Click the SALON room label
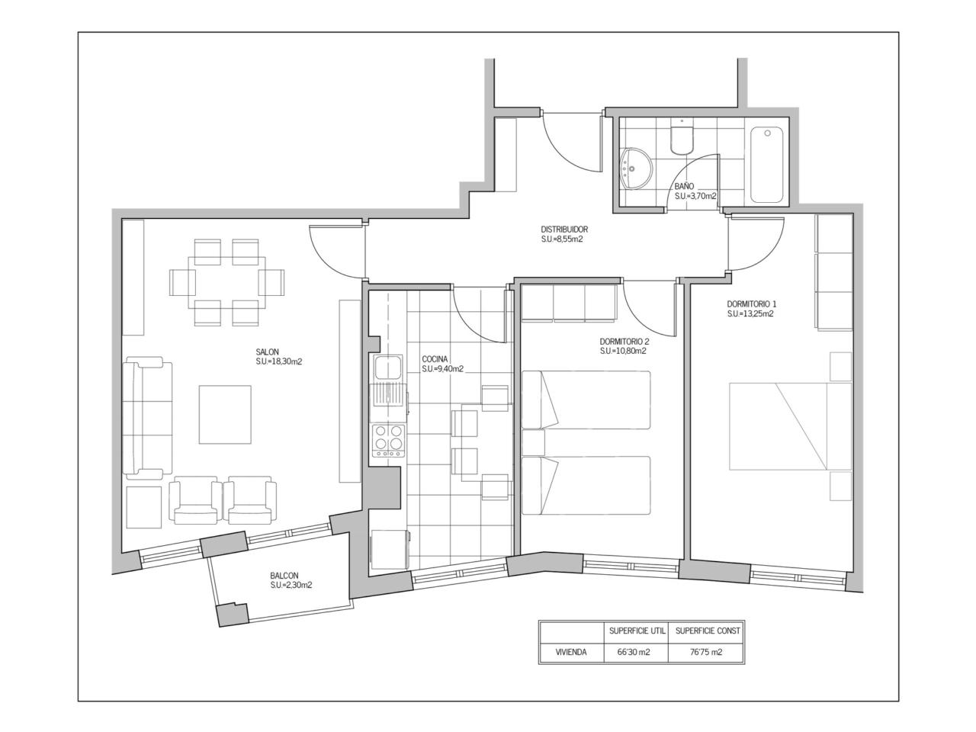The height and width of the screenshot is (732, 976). (x=267, y=352)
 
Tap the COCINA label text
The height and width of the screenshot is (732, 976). (x=435, y=359)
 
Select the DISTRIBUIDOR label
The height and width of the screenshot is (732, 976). (x=564, y=230)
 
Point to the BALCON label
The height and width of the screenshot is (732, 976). (x=284, y=576)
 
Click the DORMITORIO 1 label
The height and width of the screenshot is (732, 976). (x=752, y=304)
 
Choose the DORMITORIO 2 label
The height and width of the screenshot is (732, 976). (x=624, y=342)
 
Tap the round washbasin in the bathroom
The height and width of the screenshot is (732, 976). (x=636, y=168)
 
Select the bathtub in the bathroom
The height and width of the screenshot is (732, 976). (x=767, y=165)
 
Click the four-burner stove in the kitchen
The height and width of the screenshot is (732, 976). (x=389, y=441)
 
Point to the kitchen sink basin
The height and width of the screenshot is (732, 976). (x=388, y=368)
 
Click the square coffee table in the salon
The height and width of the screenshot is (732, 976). (x=225, y=414)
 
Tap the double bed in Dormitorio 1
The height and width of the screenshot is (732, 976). (x=790, y=426)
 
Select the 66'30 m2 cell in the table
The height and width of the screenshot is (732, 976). (x=634, y=652)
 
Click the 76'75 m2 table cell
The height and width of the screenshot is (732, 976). (x=705, y=652)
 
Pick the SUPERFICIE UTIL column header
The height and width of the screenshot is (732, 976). (x=637, y=631)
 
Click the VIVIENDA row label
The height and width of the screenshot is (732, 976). (x=571, y=652)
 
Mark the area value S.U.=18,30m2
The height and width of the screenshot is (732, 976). (x=279, y=361)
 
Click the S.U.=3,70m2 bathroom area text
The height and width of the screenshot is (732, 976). (x=695, y=196)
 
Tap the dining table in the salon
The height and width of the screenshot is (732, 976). (x=226, y=282)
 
